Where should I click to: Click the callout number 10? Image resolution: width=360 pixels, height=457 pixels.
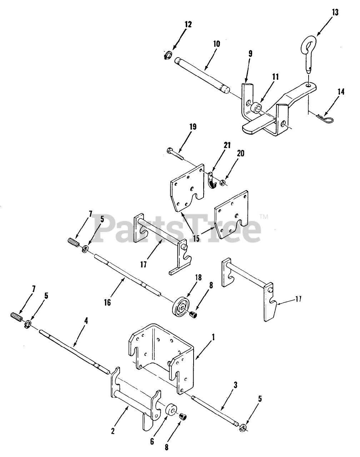pyautogui.click(x=217, y=44)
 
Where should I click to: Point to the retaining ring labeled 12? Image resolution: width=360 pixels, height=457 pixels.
pyautogui.click(x=168, y=55)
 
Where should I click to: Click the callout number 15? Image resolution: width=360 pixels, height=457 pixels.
pyautogui.click(x=196, y=238)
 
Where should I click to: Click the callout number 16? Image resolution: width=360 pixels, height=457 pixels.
pyautogui.click(x=107, y=302)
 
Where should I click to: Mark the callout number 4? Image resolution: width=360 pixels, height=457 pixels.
pyautogui.click(x=86, y=320)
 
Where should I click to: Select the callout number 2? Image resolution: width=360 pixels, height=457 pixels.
pyautogui.click(x=113, y=431)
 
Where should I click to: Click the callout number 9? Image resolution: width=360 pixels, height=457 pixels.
pyautogui.click(x=250, y=54)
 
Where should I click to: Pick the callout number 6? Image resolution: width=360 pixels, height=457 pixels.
pyautogui.click(x=152, y=442)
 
